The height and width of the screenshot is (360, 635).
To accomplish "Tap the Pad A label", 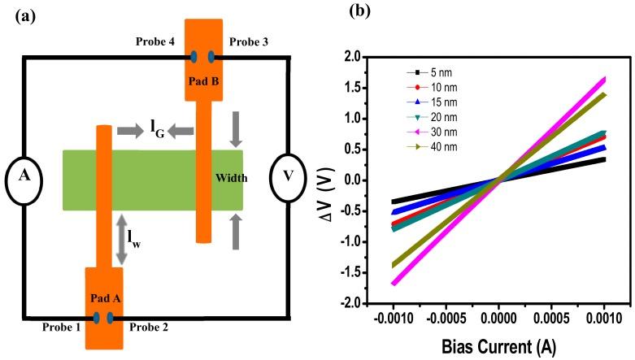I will pyautogui.click(x=107, y=298).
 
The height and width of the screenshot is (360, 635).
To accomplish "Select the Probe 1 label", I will pyautogui.click(x=61, y=327).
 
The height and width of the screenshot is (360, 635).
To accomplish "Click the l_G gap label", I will pyautogui.click(x=155, y=130).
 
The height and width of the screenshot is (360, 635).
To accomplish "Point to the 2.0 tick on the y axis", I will pyautogui.click(x=350, y=57).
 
